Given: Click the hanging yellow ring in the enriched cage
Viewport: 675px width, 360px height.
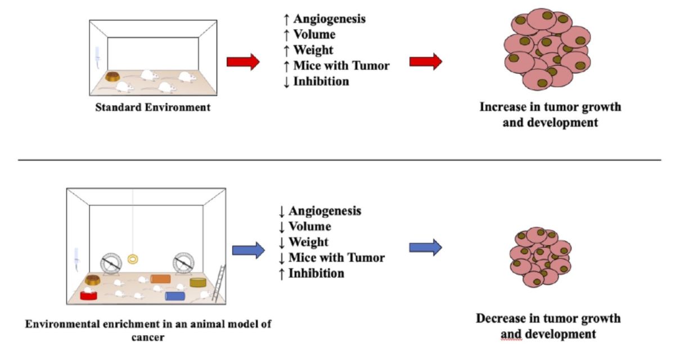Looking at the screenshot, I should (x=133, y=259).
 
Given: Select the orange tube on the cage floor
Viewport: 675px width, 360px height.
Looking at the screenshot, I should (x=160, y=279).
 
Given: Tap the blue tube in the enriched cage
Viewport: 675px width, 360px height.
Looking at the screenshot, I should (x=175, y=296).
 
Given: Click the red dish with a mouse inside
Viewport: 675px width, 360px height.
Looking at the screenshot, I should (x=88, y=295).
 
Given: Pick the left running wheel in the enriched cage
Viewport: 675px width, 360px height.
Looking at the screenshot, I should (x=111, y=262).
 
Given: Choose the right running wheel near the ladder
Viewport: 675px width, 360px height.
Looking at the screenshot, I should (x=183, y=262).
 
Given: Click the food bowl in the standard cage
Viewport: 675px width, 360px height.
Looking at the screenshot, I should (x=115, y=77).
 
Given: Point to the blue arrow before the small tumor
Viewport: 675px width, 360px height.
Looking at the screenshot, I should (x=425, y=247).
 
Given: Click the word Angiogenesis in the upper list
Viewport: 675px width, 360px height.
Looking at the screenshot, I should (x=329, y=19).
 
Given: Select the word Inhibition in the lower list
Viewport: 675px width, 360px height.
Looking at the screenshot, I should (x=316, y=273).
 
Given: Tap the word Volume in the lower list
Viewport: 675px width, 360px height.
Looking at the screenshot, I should (x=309, y=227).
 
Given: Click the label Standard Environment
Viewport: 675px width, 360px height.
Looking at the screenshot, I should (x=152, y=106).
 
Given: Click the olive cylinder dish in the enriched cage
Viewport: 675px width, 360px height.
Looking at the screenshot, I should (x=198, y=282).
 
